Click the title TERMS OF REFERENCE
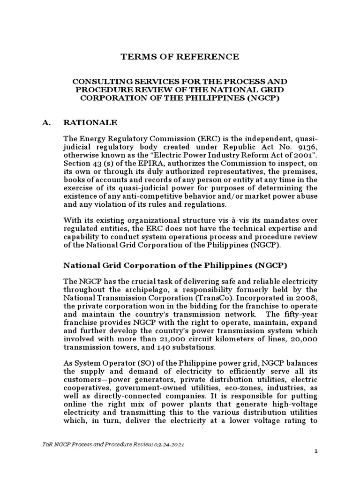tap(180, 57)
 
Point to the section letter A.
tap(43, 123)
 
